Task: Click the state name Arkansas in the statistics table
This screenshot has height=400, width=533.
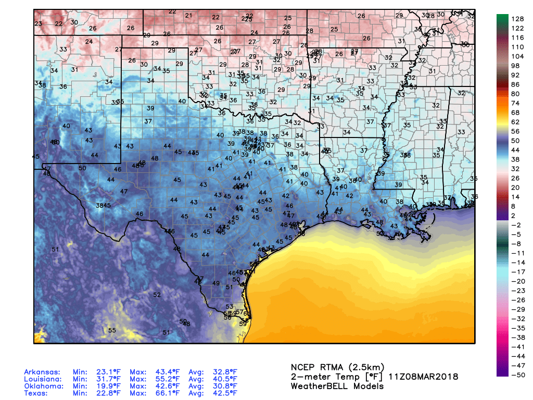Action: click(42, 372)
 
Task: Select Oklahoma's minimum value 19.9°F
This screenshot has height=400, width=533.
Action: click(108, 386)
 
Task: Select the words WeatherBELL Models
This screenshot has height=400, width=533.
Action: click(337, 386)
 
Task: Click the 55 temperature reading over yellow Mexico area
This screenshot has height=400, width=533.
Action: click(112, 330)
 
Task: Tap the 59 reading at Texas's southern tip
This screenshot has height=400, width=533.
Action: click(243, 323)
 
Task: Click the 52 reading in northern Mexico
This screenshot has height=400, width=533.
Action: click(157, 295)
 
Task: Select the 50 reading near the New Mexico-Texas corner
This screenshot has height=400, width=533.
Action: click(82, 168)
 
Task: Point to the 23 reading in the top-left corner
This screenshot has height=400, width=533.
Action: click(38, 24)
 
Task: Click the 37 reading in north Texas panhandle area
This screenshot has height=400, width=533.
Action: click(148, 121)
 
